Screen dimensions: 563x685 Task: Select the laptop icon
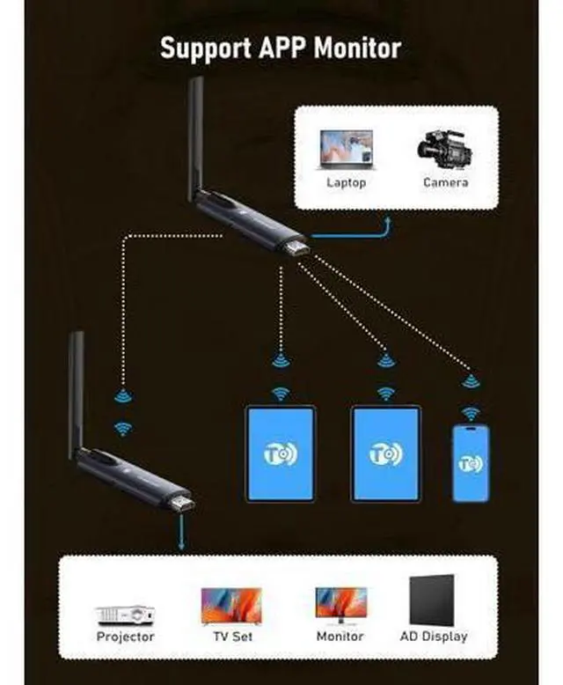coord(346,151)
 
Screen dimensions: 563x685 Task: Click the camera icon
coord(444,152)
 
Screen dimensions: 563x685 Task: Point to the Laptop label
coord(346,182)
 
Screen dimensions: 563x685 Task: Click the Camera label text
coord(445,182)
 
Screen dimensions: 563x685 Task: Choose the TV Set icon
coord(230,606)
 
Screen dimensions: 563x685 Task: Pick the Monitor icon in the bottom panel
coord(340,607)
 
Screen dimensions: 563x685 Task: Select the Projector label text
coord(125,636)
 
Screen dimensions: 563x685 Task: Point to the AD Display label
coord(433,636)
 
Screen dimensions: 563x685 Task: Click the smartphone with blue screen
coord(471,462)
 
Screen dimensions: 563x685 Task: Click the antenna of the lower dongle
coord(77,387)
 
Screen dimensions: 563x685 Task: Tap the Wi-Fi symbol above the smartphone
coord(472,413)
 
